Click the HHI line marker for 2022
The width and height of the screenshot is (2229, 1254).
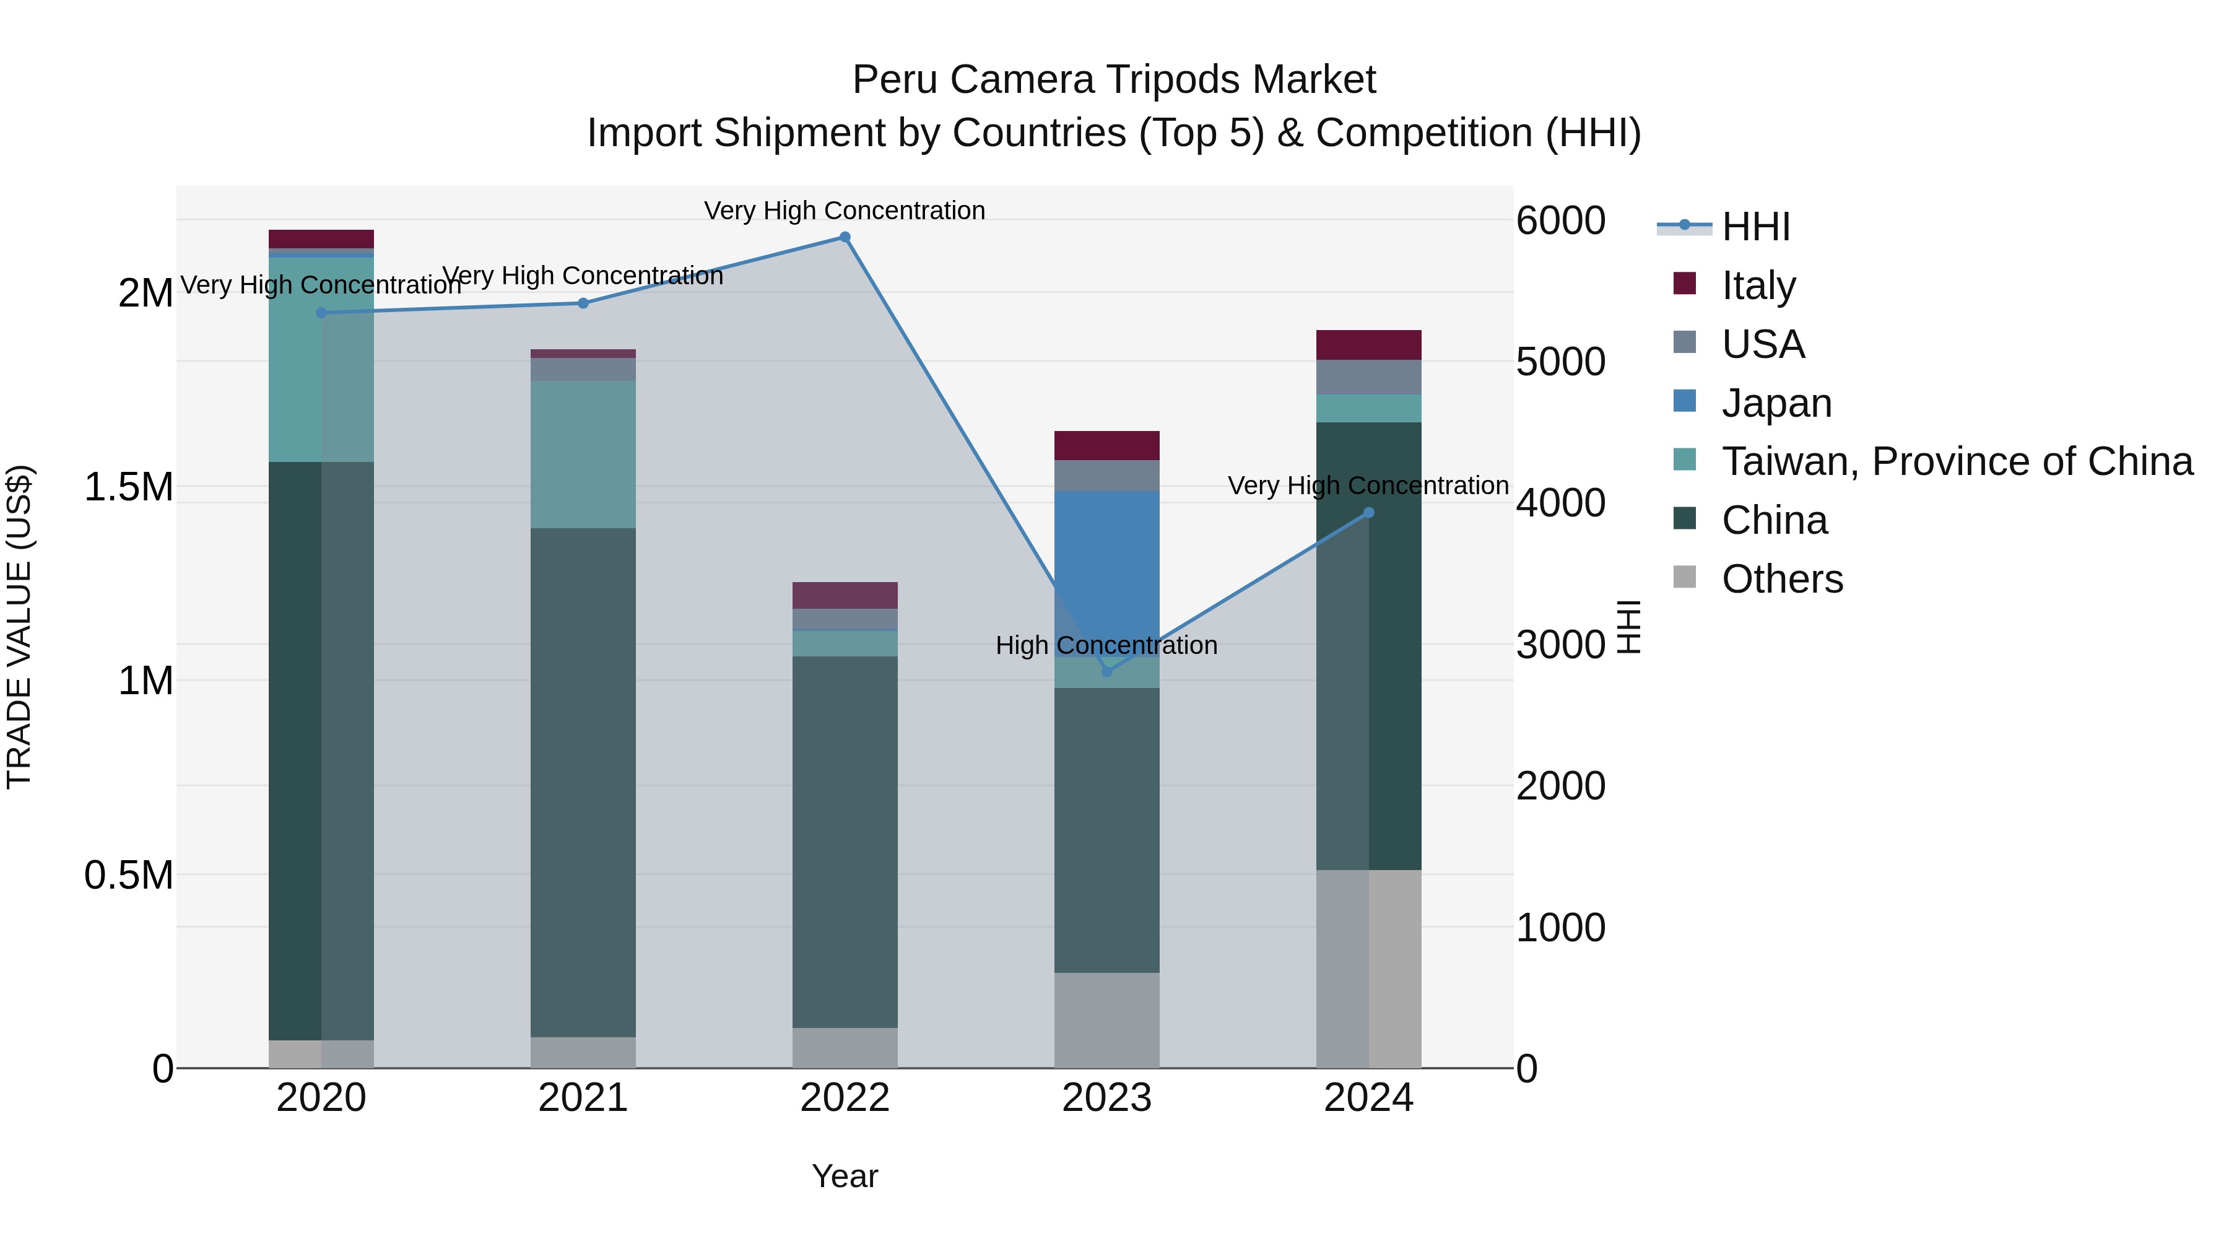click(845, 237)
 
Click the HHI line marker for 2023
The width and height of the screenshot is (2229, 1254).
click(1106, 671)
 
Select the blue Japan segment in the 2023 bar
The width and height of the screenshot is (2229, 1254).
click(1106, 571)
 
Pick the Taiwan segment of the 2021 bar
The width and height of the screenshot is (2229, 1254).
click(583, 455)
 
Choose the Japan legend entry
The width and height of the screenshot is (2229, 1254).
click(1776, 403)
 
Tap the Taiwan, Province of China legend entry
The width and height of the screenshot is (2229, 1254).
click(1955, 461)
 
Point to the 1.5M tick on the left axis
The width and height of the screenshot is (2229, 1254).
click(128, 487)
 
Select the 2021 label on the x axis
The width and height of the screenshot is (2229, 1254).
click(583, 1098)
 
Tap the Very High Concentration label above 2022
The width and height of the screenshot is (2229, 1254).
click(845, 211)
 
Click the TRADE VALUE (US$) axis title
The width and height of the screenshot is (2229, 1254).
click(19, 627)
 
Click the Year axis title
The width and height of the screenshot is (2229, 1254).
click(845, 1176)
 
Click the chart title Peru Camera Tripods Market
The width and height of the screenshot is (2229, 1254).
click(1114, 80)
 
